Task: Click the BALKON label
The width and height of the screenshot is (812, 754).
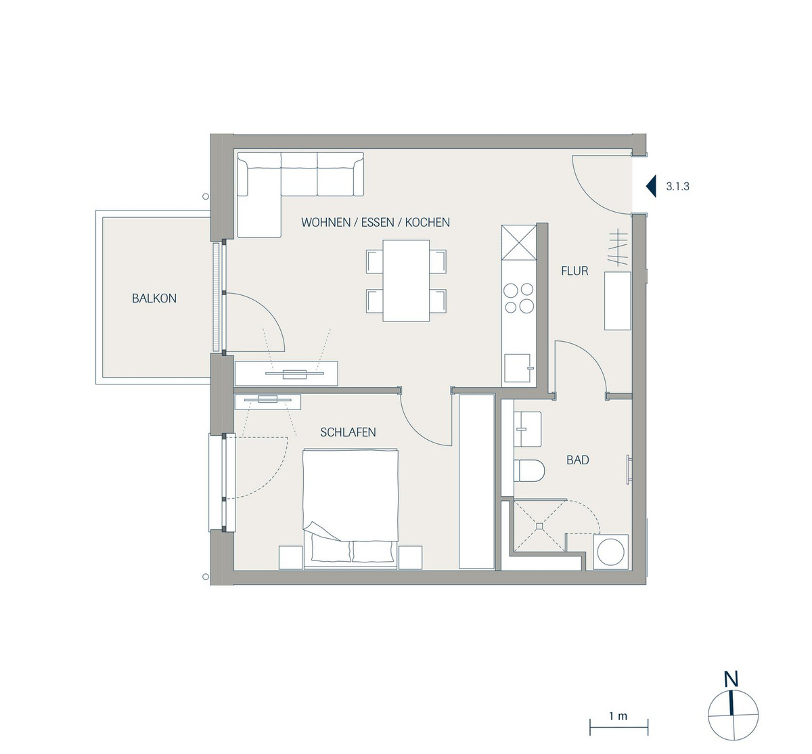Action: (154, 298)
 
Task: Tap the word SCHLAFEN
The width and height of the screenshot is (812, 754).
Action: (348, 432)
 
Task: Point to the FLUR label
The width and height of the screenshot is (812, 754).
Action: (574, 271)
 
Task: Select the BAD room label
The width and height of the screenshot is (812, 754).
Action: (578, 460)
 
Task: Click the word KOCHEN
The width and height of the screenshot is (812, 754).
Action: (427, 222)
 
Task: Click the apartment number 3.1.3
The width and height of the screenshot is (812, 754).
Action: (677, 187)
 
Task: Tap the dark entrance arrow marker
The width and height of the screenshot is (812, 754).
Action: (652, 186)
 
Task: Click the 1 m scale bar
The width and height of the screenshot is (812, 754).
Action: (619, 728)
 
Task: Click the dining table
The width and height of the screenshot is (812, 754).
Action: (406, 281)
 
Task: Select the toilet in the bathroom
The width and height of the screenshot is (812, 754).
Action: (529, 470)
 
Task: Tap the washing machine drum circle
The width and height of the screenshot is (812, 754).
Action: (611, 552)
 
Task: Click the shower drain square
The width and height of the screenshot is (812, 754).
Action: (539, 527)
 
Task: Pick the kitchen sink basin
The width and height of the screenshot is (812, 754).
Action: (518, 368)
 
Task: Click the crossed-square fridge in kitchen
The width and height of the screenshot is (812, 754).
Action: (519, 242)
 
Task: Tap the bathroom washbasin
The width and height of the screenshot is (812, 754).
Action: (527, 429)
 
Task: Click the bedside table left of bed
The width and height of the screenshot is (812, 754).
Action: (291, 557)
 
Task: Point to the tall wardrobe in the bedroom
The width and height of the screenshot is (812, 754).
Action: (477, 481)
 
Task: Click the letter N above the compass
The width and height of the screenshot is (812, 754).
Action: (731, 679)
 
